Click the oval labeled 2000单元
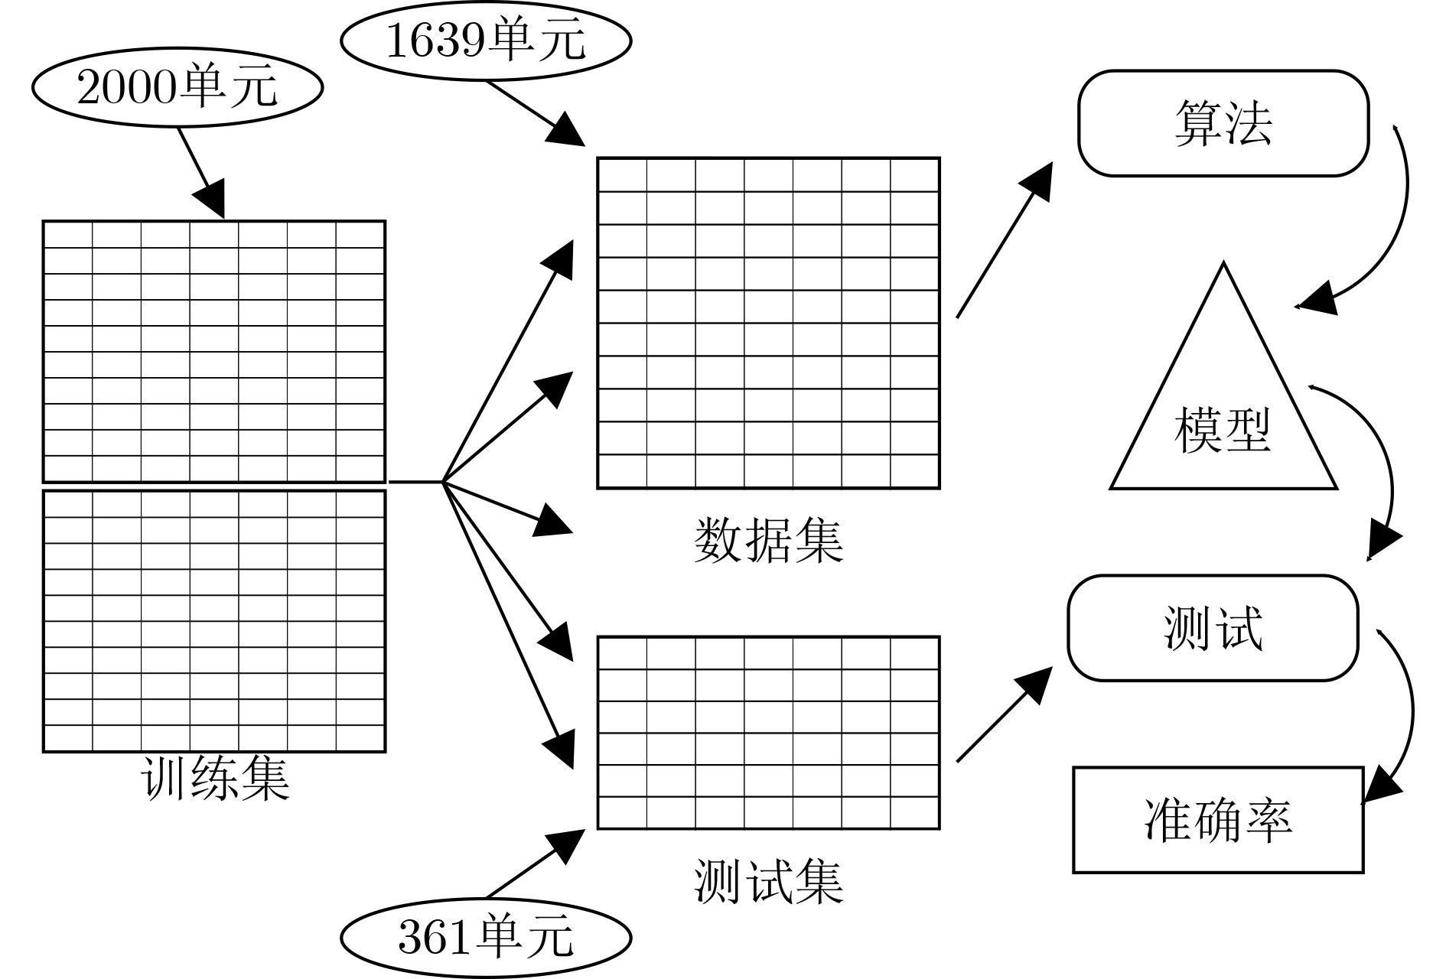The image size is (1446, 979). point(177,87)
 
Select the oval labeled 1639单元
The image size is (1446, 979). point(486,41)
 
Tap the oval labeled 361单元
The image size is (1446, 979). point(486,937)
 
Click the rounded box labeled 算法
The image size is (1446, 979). point(1223,124)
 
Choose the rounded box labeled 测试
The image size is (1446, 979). point(1213,628)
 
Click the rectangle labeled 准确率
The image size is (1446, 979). point(1218,820)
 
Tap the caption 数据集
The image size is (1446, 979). point(768,541)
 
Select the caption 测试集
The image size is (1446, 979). point(768,881)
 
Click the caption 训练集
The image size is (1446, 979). point(215,779)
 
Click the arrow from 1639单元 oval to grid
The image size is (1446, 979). point(536,112)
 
